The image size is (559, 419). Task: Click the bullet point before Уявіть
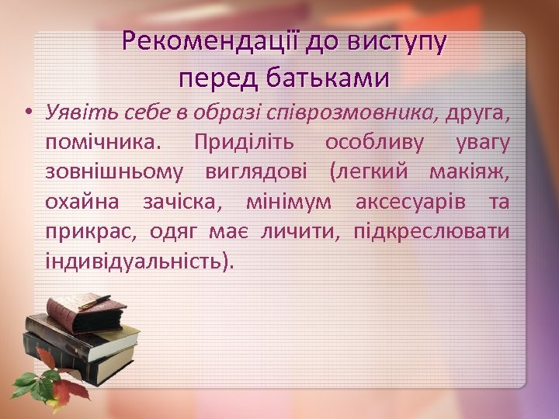[x=28, y=114]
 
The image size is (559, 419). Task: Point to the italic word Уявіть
[x=73, y=114]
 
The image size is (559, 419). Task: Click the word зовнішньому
[x=115, y=173]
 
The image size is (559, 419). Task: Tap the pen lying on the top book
[x=95, y=301]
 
